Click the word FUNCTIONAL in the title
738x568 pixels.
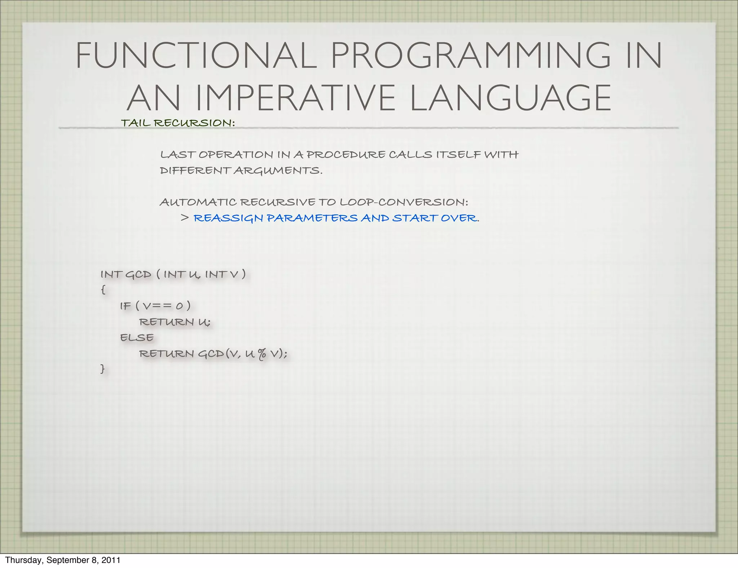pyautogui.click(x=196, y=56)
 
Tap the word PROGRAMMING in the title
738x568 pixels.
pyautogui.click(x=470, y=56)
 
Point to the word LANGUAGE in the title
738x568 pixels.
pyautogui.click(x=510, y=98)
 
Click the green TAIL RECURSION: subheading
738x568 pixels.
pyautogui.click(x=178, y=123)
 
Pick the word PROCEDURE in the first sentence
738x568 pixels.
pyautogui.click(x=346, y=155)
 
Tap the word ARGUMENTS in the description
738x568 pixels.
pyautogui.click(x=277, y=170)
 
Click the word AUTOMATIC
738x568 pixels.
pyautogui.click(x=198, y=202)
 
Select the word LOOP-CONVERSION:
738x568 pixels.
pyautogui.click(x=404, y=202)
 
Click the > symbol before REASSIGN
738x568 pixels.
pyautogui.click(x=185, y=218)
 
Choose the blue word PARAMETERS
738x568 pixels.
pyautogui.click(x=312, y=218)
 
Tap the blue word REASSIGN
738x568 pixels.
pyautogui.click(x=228, y=218)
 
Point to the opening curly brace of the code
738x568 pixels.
pyautogui.click(x=103, y=290)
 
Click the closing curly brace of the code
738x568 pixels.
pyautogui.click(x=103, y=369)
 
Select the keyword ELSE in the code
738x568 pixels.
pyautogui.click(x=137, y=338)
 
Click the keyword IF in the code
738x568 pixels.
pyautogui.click(x=125, y=306)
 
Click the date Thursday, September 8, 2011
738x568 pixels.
pyautogui.click(x=62, y=560)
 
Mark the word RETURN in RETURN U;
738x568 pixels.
pyautogui.click(x=166, y=322)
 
